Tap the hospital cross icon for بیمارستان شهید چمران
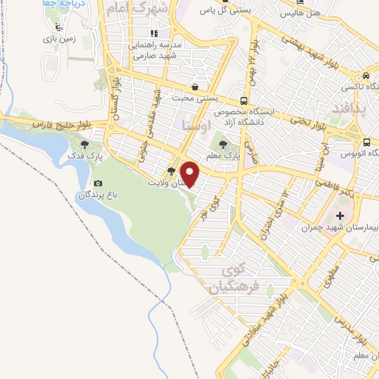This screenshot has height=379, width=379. pos(340,216)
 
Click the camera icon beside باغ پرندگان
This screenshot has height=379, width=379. pos(98,184)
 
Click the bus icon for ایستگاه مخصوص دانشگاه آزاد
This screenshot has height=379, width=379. pos(244,101)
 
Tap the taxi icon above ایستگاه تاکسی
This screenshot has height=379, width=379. pos(366,76)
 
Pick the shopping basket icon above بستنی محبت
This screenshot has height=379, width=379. pos(194,86)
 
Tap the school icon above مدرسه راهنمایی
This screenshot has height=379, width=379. pos(154,33)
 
